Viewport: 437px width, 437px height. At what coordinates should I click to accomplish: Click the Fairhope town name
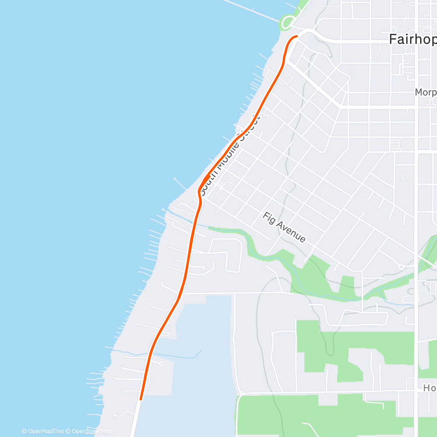(x=412, y=39)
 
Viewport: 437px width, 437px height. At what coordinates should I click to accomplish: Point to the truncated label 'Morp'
(x=425, y=93)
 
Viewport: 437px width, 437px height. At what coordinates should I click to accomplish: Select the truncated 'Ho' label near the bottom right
(x=430, y=388)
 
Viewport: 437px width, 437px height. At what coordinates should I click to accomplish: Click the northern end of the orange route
(x=297, y=37)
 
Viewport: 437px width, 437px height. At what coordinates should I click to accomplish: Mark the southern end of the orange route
(x=141, y=399)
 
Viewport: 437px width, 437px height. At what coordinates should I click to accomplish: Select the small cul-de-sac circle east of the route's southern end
(x=161, y=364)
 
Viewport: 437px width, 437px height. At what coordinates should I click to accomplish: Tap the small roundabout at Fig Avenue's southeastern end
(x=401, y=267)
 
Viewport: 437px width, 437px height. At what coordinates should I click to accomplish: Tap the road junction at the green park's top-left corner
(x=297, y=321)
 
